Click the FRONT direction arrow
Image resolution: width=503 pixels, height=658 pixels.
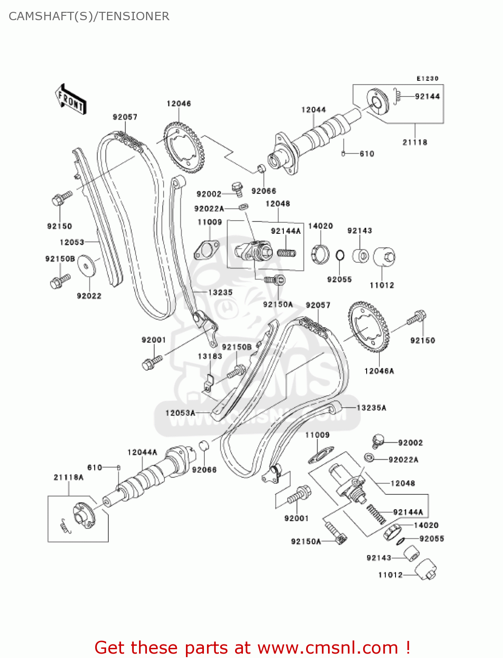[71, 100]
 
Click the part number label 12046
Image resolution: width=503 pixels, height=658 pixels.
[178, 104]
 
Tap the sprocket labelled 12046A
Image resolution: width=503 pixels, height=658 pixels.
[368, 328]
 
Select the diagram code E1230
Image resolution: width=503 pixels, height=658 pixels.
[427, 79]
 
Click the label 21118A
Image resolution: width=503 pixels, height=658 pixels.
[68, 477]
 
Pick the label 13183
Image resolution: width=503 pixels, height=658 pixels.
[210, 356]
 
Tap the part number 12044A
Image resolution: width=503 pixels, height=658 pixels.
[142, 452]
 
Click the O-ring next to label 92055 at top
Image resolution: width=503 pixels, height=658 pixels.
[340, 255]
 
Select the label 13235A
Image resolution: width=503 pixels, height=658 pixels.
[371, 408]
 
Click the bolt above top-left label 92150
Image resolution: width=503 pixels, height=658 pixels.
[61, 198]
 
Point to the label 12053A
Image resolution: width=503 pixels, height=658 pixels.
[180, 413]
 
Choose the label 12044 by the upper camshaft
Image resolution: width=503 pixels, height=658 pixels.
[313, 110]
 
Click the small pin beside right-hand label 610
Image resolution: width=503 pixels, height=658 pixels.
[344, 153]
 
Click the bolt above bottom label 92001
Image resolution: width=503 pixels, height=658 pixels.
[299, 496]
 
